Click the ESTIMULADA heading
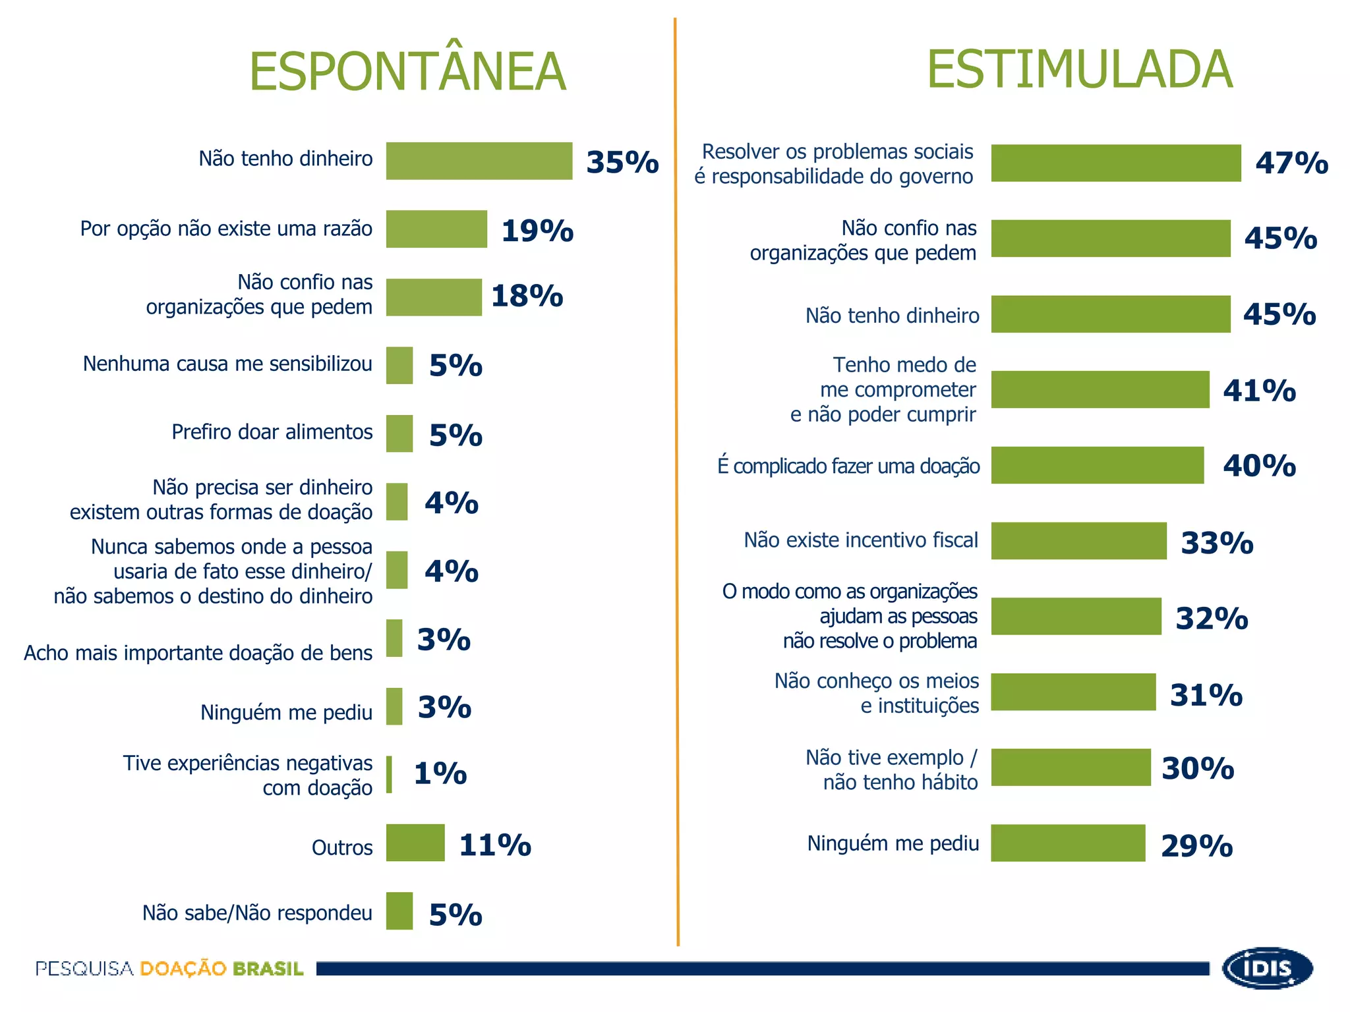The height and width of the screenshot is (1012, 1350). [1080, 69]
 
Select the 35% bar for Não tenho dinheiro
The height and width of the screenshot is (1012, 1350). [479, 161]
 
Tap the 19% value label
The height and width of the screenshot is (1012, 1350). [537, 231]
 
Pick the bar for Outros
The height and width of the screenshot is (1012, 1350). [415, 843]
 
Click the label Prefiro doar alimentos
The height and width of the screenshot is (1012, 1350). [272, 432]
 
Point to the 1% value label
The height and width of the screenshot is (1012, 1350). [440, 773]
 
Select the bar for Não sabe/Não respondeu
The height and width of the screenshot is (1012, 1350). [399, 911]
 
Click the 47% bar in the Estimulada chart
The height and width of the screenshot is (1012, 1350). [1116, 163]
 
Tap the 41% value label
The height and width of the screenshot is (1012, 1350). [1259, 391]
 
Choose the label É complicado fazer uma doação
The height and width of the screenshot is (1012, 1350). [848, 466]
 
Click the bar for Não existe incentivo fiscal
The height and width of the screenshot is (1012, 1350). [1079, 541]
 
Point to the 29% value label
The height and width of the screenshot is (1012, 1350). [1196, 846]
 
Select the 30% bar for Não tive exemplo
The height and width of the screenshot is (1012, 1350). [1071, 767]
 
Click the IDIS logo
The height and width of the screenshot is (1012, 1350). [1267, 968]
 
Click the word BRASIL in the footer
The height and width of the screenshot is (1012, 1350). [268, 969]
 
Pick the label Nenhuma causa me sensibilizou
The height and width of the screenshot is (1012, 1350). [227, 364]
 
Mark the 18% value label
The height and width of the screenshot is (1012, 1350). [527, 296]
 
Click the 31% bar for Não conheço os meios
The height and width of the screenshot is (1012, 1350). [1074, 692]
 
